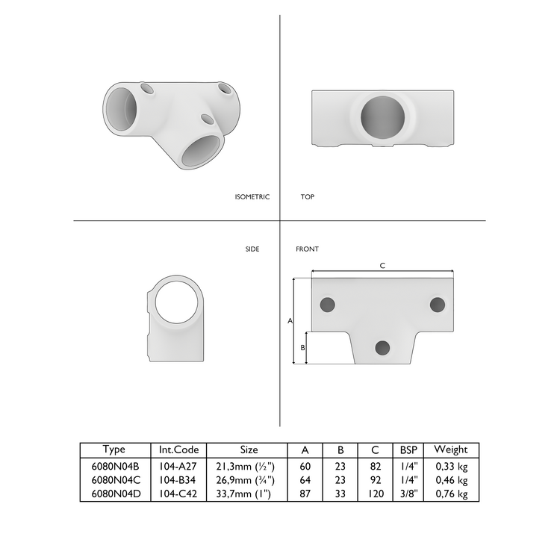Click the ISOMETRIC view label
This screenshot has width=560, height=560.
click(252, 197)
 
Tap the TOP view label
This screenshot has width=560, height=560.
click(307, 197)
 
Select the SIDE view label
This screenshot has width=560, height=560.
click(252, 249)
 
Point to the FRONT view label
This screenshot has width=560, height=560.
click(307, 249)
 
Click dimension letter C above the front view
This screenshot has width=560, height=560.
click(382, 266)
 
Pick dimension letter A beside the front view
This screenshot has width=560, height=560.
click(290, 320)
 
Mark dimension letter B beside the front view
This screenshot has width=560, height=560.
click(302, 348)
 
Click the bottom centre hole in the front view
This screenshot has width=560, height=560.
click(382, 347)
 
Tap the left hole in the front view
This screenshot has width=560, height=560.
click(327, 305)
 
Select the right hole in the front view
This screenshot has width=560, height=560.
click(438, 305)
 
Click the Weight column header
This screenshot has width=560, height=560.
click(451, 449)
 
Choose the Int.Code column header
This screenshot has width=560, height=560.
click(178, 449)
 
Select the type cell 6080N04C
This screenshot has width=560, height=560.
click(114, 480)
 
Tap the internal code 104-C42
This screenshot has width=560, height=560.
click(178, 494)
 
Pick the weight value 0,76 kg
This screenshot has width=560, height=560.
click(451, 494)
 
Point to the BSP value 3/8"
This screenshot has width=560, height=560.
click(408, 494)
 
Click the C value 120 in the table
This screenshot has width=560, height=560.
click(375, 494)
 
